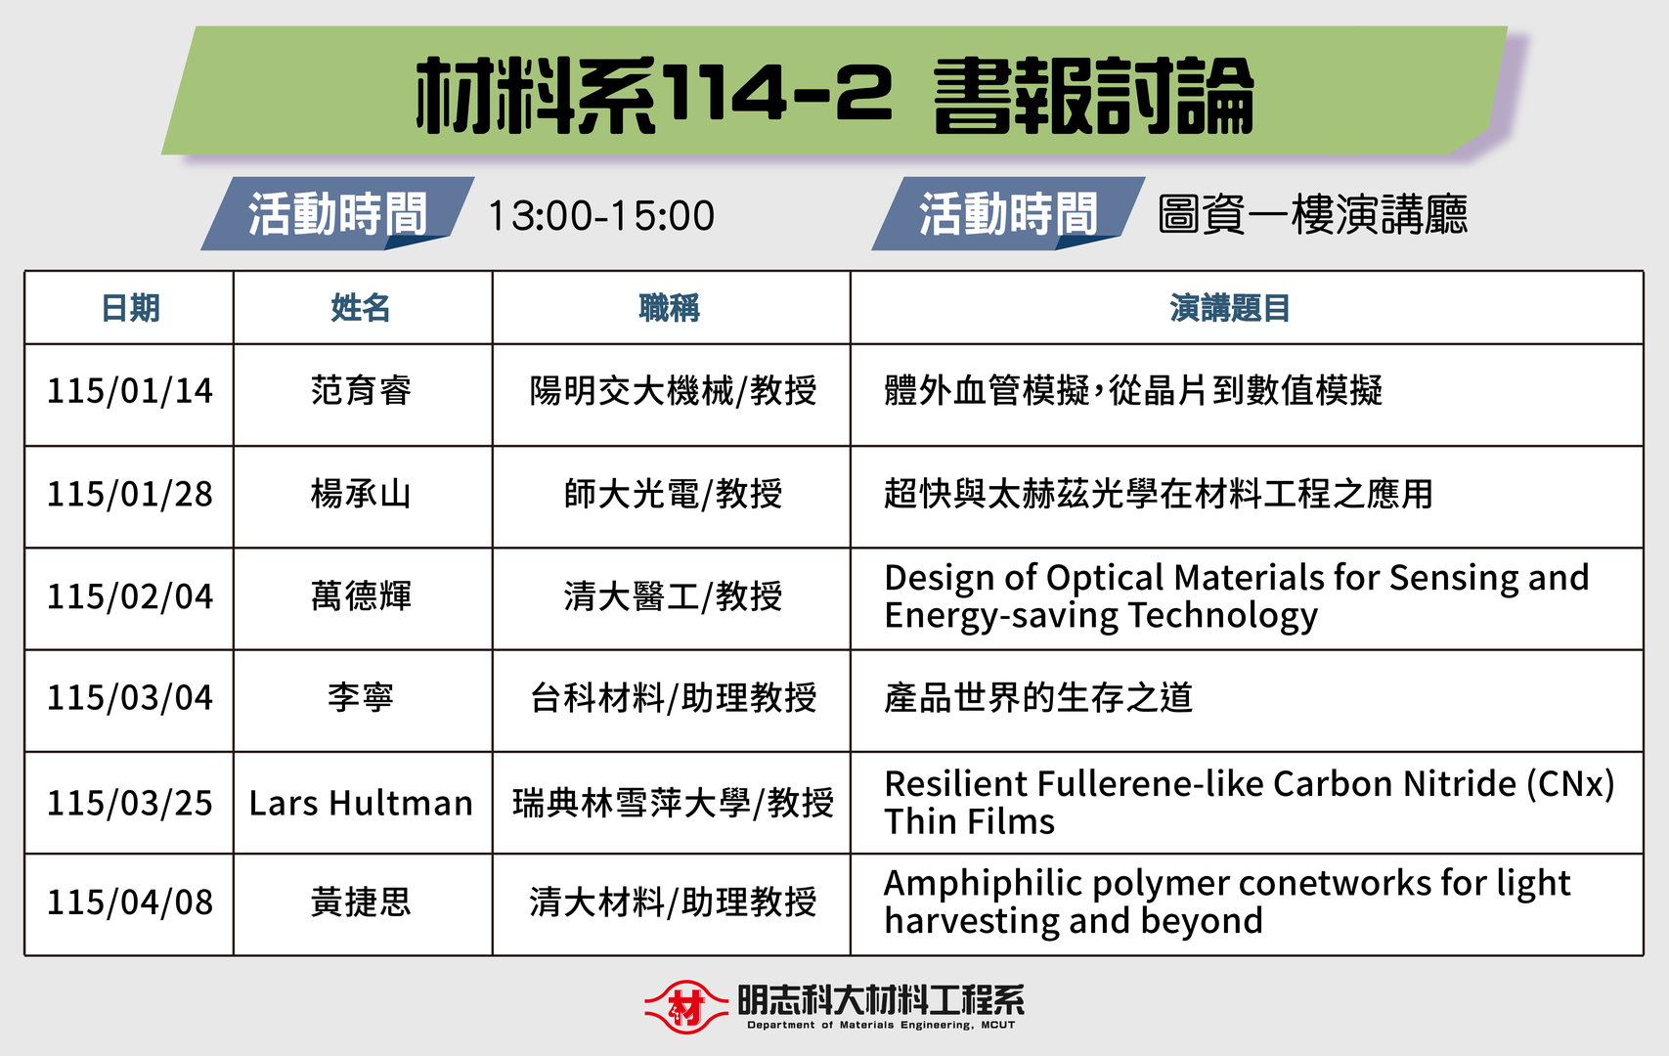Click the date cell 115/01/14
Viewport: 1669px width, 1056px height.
pos(130,391)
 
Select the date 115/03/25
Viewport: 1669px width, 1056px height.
pos(130,803)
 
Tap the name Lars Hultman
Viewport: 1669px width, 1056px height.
pos(361,803)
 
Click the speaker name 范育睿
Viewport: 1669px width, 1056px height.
pos(361,391)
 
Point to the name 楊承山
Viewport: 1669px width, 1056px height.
pos(361,494)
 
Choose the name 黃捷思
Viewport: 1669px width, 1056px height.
pos(361,902)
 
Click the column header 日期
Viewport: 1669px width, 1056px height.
pos(130,308)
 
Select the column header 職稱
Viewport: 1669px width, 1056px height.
pos(670,308)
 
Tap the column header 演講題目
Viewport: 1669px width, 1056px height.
pos(1230,308)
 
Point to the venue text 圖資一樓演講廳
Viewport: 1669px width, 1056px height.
pos(1312,215)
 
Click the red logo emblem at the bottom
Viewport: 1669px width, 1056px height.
pos(686,1006)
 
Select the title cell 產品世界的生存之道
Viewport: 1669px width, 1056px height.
pos(1038,698)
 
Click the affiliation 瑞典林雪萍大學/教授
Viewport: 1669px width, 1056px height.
pos(673,803)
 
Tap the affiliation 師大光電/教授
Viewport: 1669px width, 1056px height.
pos(673,494)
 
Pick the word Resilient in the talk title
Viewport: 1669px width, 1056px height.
pos(955,784)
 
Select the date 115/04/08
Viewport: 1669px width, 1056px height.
pos(130,902)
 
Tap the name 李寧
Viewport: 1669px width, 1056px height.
pos(361,698)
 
